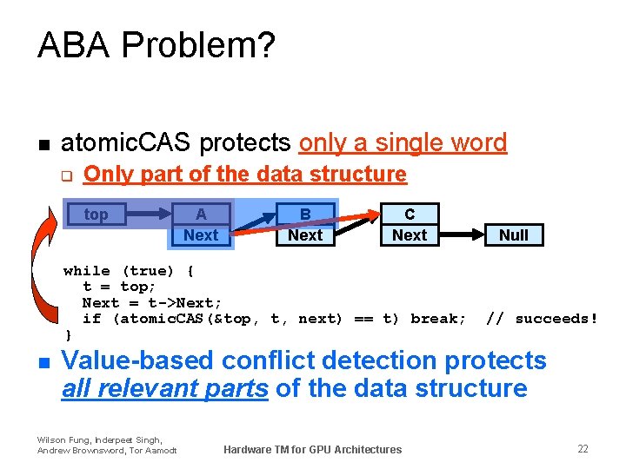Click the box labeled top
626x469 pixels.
96,215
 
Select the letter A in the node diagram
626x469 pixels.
201,215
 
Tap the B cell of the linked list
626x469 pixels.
305,215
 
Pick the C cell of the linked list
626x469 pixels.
410,215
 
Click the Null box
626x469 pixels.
513,234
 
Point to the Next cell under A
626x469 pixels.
201,234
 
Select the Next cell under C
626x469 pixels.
410,234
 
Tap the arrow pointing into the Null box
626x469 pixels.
463,234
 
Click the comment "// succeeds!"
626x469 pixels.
542,319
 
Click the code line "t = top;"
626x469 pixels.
119,287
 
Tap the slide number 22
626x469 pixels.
583,448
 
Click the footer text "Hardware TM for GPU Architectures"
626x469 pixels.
312,449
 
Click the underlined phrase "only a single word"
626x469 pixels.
403,142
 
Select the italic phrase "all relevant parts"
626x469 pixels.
164,387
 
